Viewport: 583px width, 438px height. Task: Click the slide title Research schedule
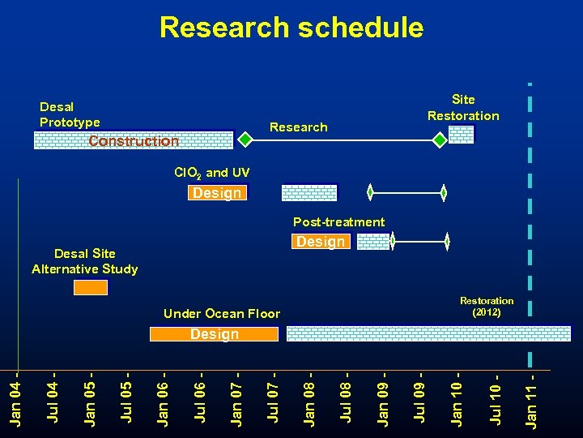point(291,27)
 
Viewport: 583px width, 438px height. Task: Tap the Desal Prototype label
point(70,114)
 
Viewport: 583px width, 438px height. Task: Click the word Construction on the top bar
point(134,141)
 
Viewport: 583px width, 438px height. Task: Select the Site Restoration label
point(463,107)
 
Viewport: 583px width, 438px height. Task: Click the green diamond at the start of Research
point(245,140)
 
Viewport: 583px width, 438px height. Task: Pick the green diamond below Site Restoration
point(438,140)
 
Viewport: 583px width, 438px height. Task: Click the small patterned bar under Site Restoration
point(461,135)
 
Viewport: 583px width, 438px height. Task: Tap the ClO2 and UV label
point(212,173)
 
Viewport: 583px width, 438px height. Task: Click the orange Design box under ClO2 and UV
point(216,193)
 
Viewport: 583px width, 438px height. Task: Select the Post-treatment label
point(338,221)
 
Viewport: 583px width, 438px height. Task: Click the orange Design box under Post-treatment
point(320,242)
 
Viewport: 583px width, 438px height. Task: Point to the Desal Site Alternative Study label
point(84,261)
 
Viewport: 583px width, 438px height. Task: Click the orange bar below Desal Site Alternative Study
point(90,287)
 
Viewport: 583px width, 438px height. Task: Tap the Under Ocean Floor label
point(221,313)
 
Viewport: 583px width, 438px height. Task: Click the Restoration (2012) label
point(487,306)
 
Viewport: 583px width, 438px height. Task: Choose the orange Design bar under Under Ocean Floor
point(214,334)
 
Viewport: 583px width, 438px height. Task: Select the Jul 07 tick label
point(273,397)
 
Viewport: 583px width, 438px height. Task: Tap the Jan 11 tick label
point(531,397)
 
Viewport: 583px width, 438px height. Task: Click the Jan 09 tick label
point(384,397)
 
